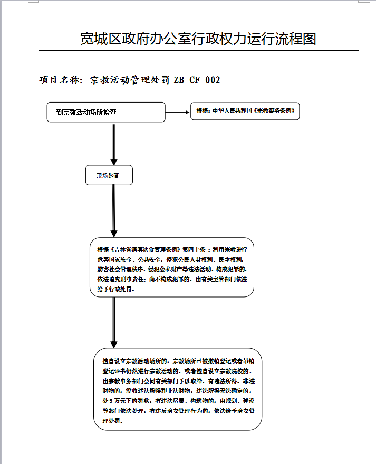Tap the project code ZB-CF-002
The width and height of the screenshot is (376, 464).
click(x=196, y=80)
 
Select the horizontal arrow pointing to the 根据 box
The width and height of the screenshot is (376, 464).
click(x=178, y=112)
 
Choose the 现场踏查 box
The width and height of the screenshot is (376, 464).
click(x=109, y=175)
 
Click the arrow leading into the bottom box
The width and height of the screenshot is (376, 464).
click(x=113, y=322)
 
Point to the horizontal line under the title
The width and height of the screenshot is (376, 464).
click(x=198, y=51)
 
